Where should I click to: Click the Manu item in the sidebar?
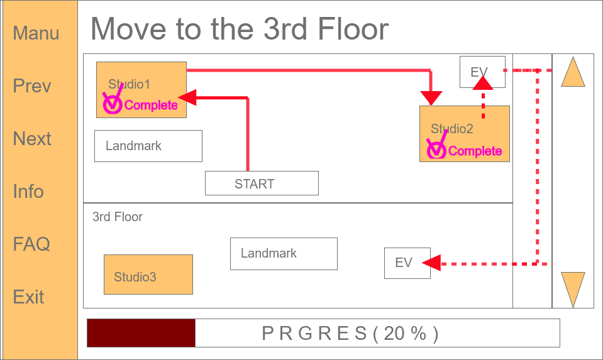tap(36, 33)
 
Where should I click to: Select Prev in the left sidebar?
tap(32, 86)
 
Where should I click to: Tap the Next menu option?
tap(32, 139)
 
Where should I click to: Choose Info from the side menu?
tap(28, 192)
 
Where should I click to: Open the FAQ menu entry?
tap(31, 244)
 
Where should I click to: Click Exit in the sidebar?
tap(28, 297)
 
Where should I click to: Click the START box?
tap(262, 183)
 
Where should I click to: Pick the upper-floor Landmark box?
tap(148, 146)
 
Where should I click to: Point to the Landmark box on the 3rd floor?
tap(284, 253)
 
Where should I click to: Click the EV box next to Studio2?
tap(482, 72)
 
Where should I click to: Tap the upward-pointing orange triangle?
tap(573, 73)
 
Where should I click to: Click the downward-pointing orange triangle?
tap(573, 288)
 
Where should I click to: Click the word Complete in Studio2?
tap(475, 151)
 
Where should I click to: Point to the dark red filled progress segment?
tap(141, 332)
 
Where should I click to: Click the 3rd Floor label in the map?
tap(118, 217)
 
